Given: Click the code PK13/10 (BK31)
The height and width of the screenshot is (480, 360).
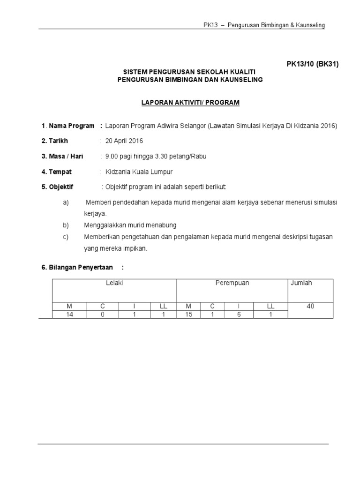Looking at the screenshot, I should click(312, 64).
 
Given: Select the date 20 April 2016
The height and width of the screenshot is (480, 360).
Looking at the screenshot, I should click(125, 141).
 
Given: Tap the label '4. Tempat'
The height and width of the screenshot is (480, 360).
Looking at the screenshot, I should click(57, 172).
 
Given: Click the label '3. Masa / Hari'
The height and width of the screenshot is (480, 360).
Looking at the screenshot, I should click(62, 156).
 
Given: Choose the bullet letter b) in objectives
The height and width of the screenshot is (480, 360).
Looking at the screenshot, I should click(66, 225).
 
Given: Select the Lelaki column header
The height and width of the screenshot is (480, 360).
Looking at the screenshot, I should click(114, 283).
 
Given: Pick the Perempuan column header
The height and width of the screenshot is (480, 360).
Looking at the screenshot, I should click(232, 283).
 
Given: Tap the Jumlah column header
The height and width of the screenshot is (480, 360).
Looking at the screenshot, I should click(302, 283).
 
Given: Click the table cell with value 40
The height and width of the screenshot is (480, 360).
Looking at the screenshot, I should click(310, 306).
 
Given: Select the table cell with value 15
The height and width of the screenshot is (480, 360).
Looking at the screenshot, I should click(189, 315).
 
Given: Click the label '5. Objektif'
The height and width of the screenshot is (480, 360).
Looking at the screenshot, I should click(57, 187).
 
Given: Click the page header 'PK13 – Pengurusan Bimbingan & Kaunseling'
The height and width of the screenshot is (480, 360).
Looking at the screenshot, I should click(264, 25).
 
